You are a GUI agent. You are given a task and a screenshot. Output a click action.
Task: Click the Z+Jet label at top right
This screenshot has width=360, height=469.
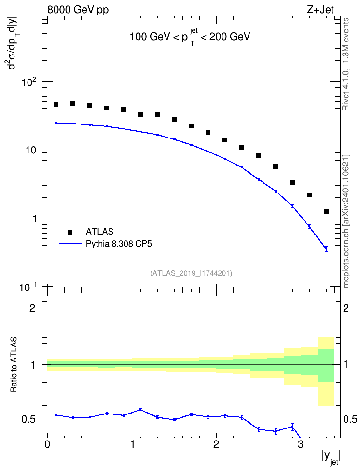coord(320,10)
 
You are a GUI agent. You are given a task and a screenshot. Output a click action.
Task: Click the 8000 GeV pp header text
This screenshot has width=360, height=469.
coord(78,10)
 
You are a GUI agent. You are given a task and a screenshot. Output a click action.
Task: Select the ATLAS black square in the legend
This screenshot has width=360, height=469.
coord(70,232)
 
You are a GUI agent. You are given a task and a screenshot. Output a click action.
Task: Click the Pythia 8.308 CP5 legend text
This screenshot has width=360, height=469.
coord(119,244)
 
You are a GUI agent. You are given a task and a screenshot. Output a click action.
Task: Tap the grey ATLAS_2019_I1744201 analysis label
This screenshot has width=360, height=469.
coord(191,273)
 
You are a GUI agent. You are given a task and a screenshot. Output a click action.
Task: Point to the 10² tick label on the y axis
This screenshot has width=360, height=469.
coord(29,82)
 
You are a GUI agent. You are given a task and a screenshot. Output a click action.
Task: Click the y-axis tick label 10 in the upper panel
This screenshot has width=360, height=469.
coord(30,150)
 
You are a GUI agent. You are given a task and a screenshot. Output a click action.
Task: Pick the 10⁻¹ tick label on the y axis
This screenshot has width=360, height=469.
coord(28,288)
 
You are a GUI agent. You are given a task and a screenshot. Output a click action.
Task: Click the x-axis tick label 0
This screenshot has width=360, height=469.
coord(47,444)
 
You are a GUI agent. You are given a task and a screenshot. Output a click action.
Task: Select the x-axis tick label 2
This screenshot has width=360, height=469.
coord(216,444)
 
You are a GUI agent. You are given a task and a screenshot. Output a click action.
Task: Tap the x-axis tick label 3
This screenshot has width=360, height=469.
coord(301,444)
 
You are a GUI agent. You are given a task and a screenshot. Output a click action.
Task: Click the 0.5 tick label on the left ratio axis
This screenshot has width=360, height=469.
coord(28,420)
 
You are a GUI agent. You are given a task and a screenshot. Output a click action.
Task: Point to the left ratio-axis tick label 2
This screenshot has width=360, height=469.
coord(32,308)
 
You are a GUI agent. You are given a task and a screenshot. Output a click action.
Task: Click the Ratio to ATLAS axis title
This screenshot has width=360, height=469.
coord(14,365)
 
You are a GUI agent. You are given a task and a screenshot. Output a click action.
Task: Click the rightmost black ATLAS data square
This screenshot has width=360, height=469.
coord(326,211)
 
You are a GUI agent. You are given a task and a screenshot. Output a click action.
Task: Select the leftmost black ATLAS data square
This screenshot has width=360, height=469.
coord(56,104)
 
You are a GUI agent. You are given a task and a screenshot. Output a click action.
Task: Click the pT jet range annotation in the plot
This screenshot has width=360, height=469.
coord(190,37)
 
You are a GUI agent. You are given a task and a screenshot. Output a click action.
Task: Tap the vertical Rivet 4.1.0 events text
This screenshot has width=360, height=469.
coord(346,64)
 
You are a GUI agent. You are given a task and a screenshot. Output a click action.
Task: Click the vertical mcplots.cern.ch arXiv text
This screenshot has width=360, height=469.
coord(346,221)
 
